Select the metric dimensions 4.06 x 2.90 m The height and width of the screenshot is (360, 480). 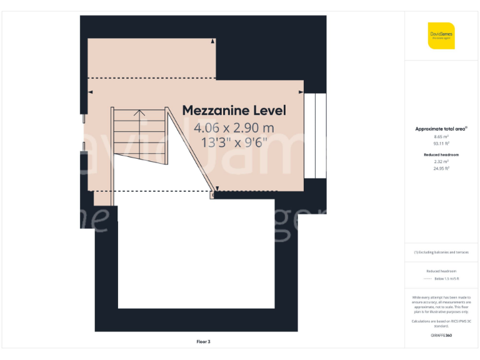[x=234, y=128]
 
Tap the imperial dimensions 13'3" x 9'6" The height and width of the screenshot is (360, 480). [x=234, y=142]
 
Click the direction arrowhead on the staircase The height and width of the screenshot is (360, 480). [x=139, y=113]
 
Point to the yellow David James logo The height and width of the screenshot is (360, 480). [x=441, y=36]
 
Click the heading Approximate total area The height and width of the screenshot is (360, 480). [x=441, y=129]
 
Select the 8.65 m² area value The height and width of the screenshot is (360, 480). [x=441, y=136]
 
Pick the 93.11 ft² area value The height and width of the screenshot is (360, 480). [x=441, y=143]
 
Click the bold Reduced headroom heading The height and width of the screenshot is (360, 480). [x=441, y=154]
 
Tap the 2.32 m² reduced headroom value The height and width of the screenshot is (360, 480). [x=441, y=161]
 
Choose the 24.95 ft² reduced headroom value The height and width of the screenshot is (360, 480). [x=441, y=168]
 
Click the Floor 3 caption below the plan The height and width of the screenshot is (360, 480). [x=203, y=342]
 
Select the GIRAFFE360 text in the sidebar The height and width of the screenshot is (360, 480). [x=441, y=336]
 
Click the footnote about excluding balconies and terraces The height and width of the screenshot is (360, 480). [x=441, y=252]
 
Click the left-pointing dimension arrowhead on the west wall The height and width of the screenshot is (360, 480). [x=91, y=92]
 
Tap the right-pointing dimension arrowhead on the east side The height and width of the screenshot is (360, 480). [x=301, y=92]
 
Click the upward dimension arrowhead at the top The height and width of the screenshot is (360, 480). [x=213, y=41]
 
